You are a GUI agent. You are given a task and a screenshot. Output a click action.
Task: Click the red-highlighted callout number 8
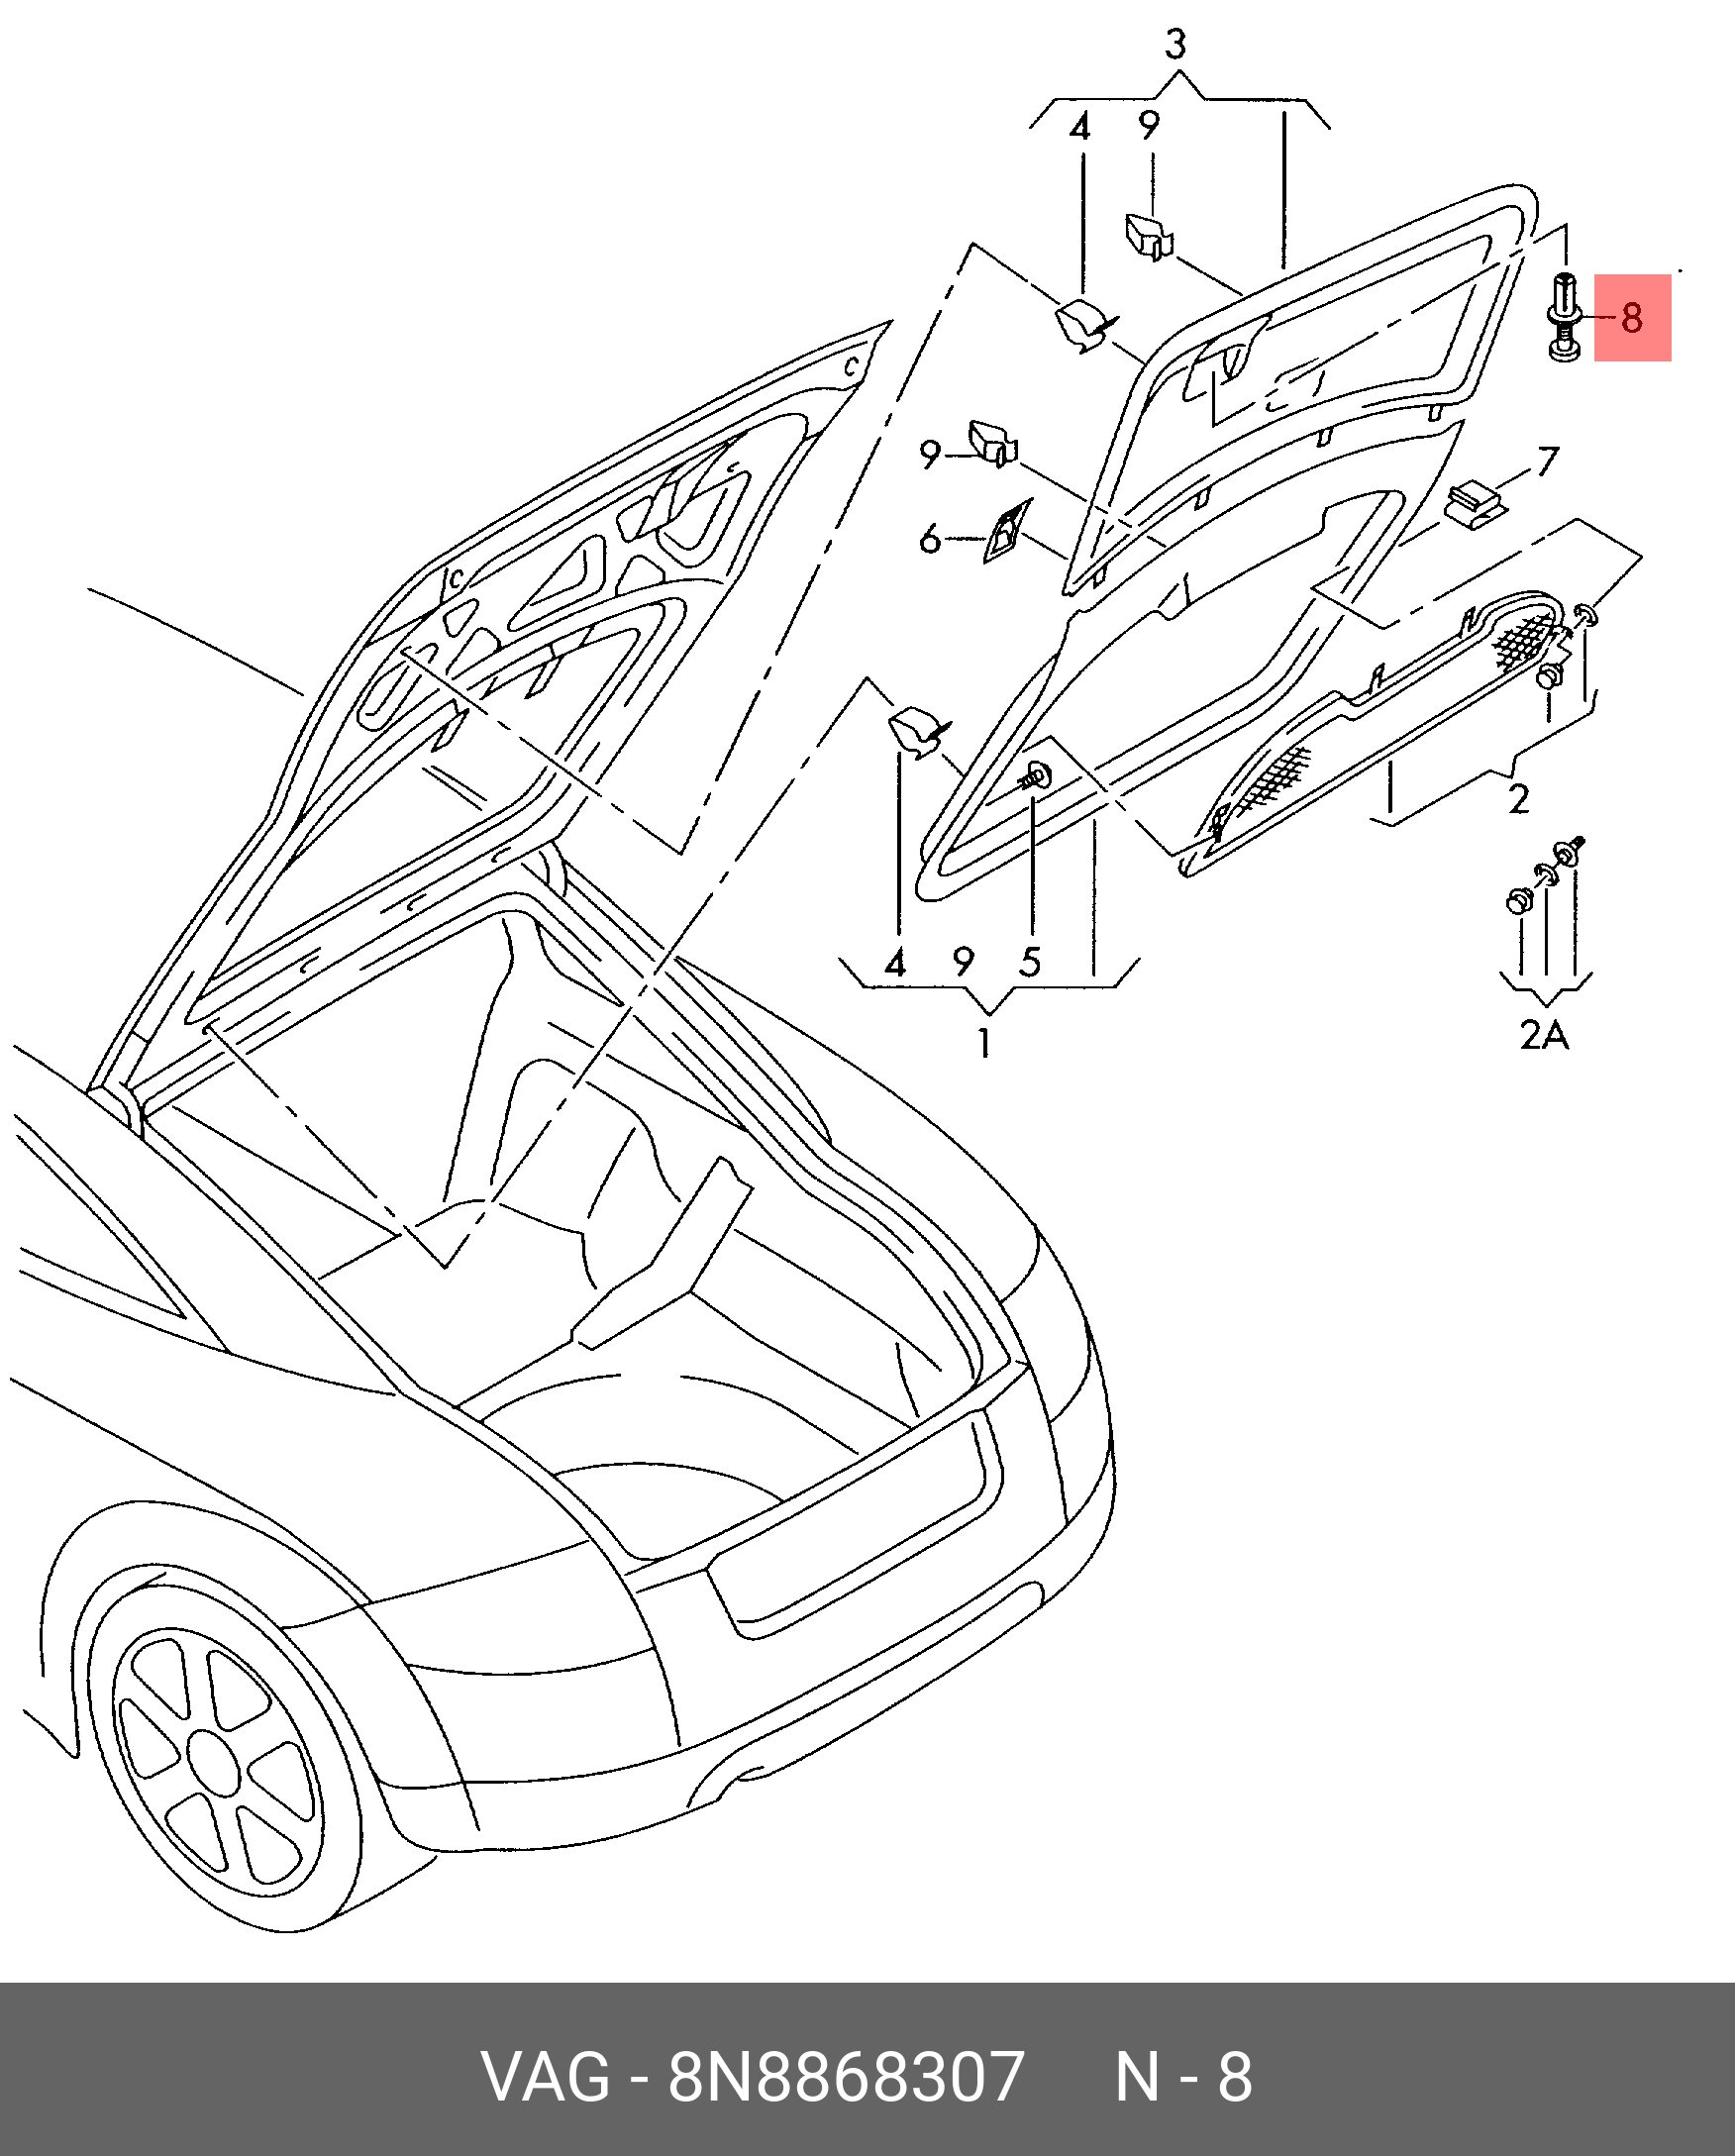pyautogui.click(x=1631, y=318)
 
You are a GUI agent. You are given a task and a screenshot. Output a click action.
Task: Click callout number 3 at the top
pyautogui.click(x=1176, y=45)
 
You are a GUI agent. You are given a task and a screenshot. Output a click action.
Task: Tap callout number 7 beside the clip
pyautogui.click(x=1547, y=462)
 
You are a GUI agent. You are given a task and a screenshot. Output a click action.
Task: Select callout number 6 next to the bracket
pyautogui.click(x=930, y=540)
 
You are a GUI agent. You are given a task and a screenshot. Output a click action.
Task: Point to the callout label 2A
pyautogui.click(x=1545, y=1035)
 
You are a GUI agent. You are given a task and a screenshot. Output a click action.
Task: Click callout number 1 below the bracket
pyautogui.click(x=985, y=1043)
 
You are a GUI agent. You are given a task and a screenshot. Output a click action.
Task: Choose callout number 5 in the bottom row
pyautogui.click(x=1031, y=962)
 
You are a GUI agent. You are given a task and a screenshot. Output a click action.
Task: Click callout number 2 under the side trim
pyautogui.click(x=1518, y=799)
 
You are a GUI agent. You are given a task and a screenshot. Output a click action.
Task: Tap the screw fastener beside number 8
pyautogui.click(x=1564, y=316)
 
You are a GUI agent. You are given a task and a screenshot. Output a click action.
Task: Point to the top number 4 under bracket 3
pyautogui.click(x=1079, y=128)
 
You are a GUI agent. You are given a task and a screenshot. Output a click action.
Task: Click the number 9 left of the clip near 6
pyautogui.click(x=930, y=455)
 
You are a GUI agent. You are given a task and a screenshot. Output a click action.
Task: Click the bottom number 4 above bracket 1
pyautogui.click(x=895, y=962)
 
